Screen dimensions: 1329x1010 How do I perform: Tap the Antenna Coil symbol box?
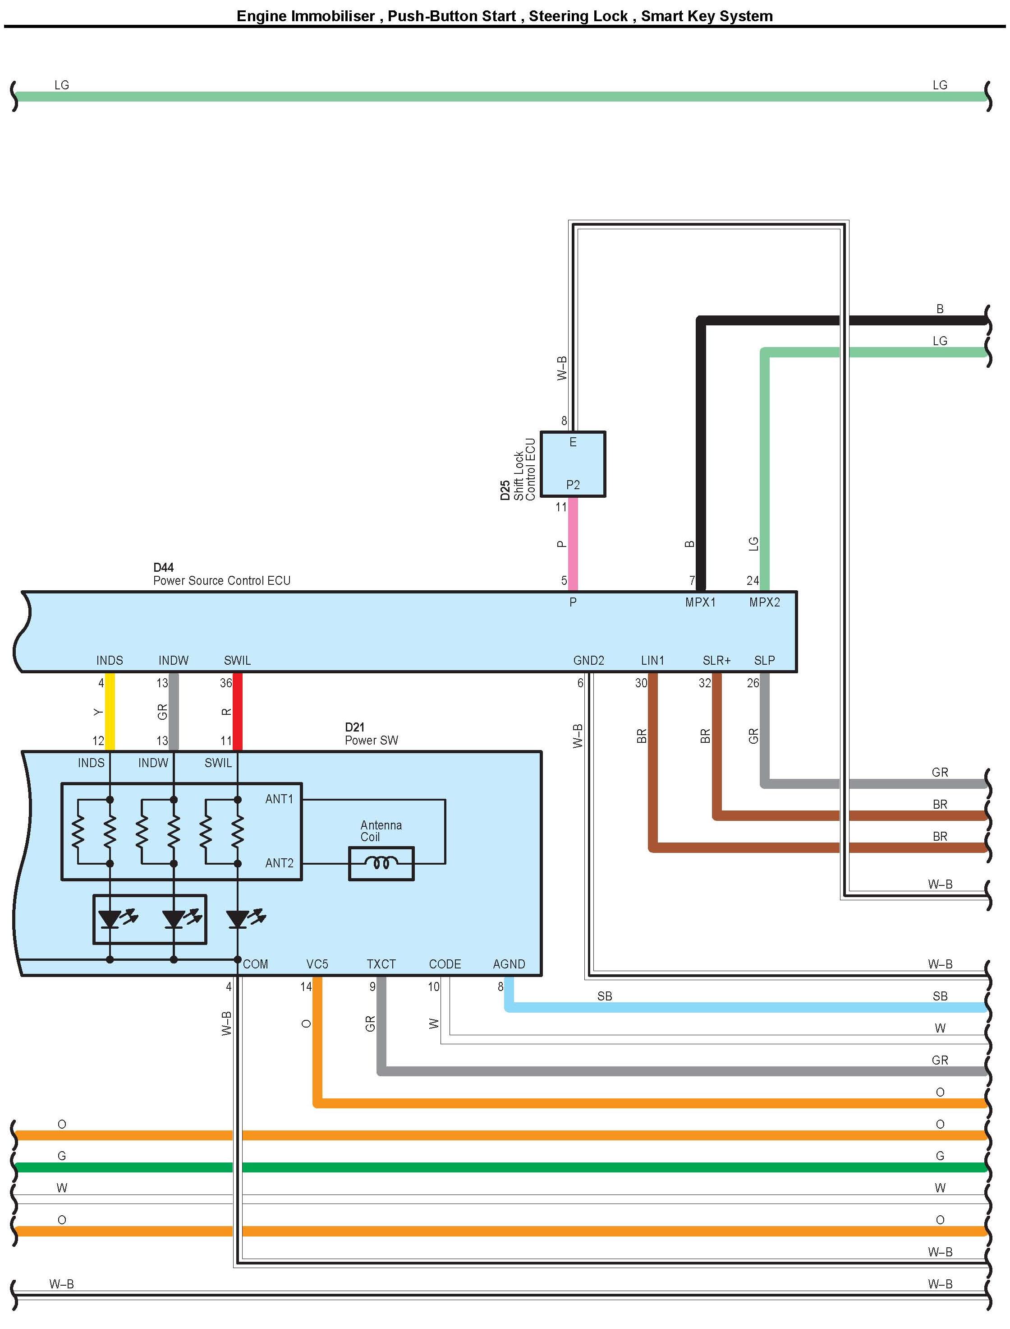[381, 863]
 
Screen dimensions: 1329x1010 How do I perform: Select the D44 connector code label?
[164, 567]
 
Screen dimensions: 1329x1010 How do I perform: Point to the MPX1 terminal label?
[700, 602]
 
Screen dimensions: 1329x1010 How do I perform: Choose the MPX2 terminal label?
[764, 602]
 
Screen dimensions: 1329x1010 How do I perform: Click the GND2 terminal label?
[588, 661]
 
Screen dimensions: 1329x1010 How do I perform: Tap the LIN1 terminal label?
[652, 661]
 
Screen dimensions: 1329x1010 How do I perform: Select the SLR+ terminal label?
[716, 661]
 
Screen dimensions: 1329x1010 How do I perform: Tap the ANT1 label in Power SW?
[279, 799]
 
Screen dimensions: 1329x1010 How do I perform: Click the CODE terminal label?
[445, 964]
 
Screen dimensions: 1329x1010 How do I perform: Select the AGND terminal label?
[509, 964]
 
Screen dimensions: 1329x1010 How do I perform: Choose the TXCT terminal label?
[381, 964]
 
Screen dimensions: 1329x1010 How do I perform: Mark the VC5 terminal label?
[317, 964]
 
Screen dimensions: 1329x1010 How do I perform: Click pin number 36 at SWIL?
[226, 683]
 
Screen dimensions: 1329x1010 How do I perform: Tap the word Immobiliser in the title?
[333, 16]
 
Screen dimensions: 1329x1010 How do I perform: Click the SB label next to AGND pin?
[604, 996]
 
